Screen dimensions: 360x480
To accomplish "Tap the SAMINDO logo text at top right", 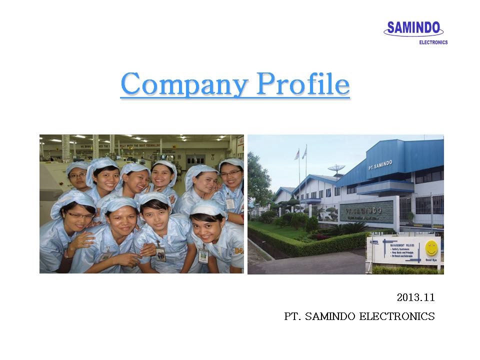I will (414, 28).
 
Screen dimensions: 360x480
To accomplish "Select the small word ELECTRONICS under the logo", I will (433, 42).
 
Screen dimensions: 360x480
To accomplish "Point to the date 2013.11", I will (415, 297).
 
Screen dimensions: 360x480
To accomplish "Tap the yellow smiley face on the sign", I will (431, 248).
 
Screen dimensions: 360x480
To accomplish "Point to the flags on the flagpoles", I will (300, 153).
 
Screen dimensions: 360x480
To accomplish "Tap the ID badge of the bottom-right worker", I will (203, 255).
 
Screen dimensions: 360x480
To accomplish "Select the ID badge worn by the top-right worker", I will (230, 203).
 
